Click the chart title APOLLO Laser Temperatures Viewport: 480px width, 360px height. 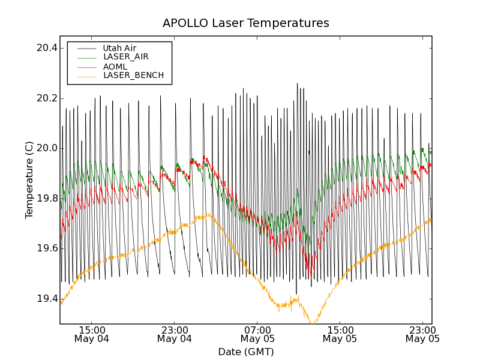(x=245, y=23)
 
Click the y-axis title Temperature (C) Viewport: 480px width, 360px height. (x=29, y=180)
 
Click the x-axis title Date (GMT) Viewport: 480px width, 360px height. (x=245, y=352)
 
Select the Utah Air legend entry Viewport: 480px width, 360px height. (x=119, y=48)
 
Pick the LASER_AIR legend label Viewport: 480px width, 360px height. (x=125, y=57)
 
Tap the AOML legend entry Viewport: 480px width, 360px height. (x=115, y=67)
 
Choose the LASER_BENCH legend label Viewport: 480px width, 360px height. (x=133, y=76)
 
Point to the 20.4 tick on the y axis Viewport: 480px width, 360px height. (x=46, y=48)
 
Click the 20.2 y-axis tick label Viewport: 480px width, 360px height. (x=46, y=98)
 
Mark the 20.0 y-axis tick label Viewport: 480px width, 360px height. (x=46, y=148)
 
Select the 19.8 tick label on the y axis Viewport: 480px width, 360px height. (x=46, y=199)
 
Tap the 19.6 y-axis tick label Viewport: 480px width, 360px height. (x=46, y=248)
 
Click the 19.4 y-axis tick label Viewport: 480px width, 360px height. (x=46, y=299)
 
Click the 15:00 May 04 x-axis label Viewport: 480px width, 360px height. (x=92, y=334)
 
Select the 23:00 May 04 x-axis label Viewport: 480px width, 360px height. (x=175, y=334)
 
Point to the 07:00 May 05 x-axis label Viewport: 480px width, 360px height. (x=257, y=334)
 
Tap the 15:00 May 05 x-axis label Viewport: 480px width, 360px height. (x=340, y=334)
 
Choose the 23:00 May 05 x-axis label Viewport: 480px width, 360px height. (x=422, y=334)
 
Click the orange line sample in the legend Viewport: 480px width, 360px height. (x=88, y=76)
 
